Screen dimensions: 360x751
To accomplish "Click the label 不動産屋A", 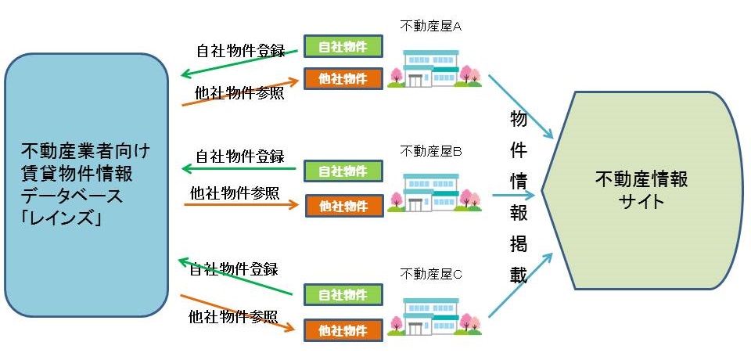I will [x=432, y=26].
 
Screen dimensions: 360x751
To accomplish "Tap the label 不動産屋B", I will [x=432, y=150].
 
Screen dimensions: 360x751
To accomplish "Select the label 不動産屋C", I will [x=432, y=274].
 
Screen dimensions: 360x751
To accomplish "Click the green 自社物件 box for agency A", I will [x=343, y=46].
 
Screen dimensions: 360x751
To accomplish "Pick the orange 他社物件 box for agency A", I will [x=343, y=78].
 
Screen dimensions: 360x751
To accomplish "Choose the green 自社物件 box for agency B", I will [x=343, y=171].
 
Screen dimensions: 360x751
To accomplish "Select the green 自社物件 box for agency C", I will [x=343, y=295].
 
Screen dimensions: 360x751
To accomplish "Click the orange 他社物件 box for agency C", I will [x=343, y=329].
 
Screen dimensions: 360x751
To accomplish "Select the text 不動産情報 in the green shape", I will [x=640, y=180].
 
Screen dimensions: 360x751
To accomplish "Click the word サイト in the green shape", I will [x=640, y=202].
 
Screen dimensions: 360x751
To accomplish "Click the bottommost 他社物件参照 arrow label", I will [x=233, y=317].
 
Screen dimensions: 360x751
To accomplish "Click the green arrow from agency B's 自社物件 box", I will [x=238, y=168].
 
